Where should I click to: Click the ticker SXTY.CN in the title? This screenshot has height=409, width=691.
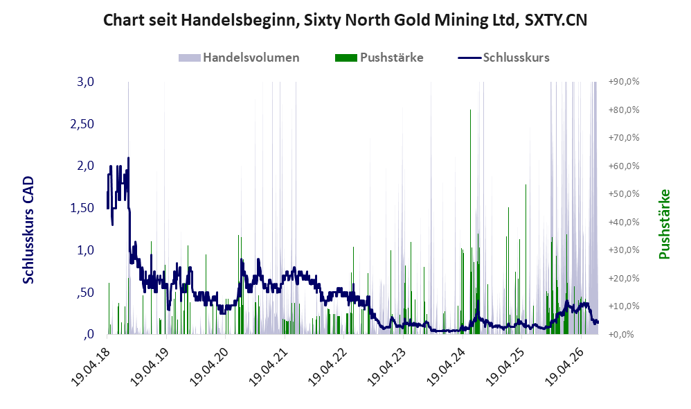tap(556, 20)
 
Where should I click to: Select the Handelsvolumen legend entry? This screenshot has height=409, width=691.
tap(239, 58)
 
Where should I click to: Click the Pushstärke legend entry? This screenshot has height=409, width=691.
tap(379, 58)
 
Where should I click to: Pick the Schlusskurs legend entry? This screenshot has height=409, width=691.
tap(503, 58)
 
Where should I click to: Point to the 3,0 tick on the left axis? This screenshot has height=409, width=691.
tap(85, 82)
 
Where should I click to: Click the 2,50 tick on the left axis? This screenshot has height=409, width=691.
tap(82, 124)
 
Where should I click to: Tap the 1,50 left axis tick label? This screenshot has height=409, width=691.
tap(82, 208)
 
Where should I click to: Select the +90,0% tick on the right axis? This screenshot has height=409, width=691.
tap(624, 82)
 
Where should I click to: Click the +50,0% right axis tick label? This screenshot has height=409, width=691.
tap(624, 193)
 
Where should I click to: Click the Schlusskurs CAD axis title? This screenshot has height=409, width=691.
tap(28, 230)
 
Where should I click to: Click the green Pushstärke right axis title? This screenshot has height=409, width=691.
tap(664, 224)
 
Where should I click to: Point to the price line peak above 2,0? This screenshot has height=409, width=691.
tap(128, 158)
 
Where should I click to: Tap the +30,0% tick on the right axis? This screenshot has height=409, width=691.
tap(624, 250)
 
